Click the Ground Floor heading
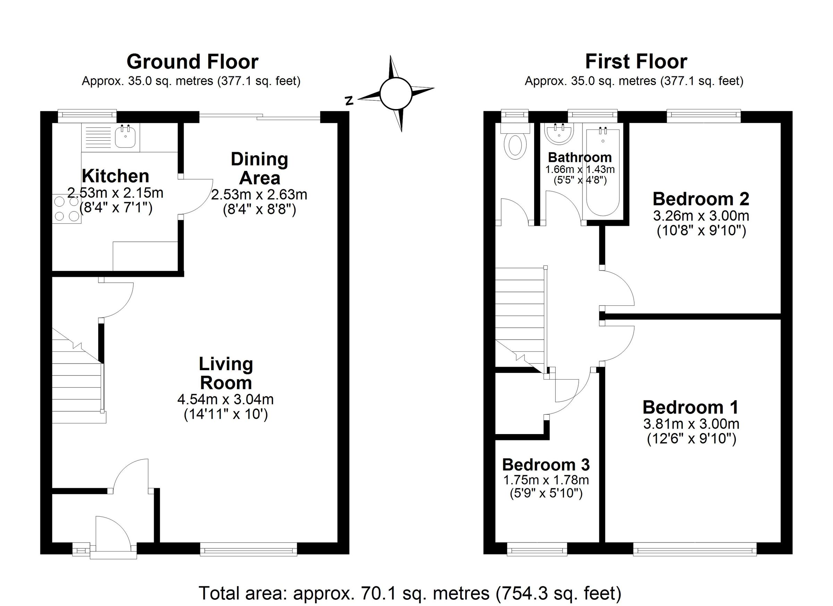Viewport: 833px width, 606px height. pyautogui.click(x=192, y=62)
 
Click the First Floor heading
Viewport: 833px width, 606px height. pyautogui.click(x=636, y=62)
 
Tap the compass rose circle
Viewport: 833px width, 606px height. pyautogui.click(x=396, y=93)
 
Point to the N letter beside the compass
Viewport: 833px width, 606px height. pyautogui.click(x=349, y=100)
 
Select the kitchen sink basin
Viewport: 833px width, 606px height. pyautogui.click(x=125, y=137)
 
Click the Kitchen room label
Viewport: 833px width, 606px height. pyautogui.click(x=115, y=176)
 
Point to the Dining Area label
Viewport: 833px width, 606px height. pyautogui.click(x=259, y=169)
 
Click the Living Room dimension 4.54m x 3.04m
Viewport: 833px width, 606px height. pyautogui.click(x=226, y=399)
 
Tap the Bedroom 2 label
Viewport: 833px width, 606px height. pyautogui.click(x=701, y=199)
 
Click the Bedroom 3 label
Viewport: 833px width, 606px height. pyautogui.click(x=546, y=465)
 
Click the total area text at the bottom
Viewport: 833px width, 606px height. pyautogui.click(x=410, y=593)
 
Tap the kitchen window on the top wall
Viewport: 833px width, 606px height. pyautogui.click(x=87, y=115)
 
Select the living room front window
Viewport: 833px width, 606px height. pyautogui.click(x=248, y=550)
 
